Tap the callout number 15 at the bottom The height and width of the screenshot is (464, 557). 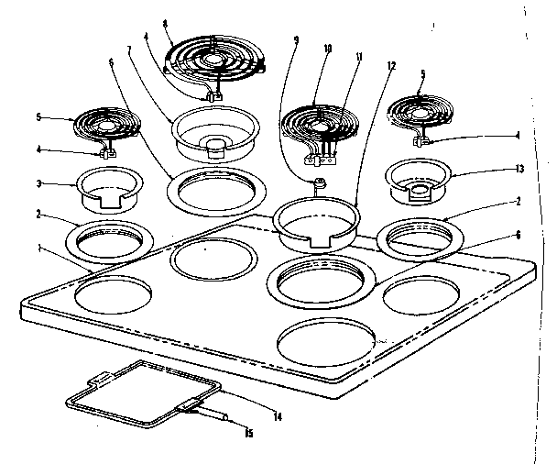pyautogui.click(x=247, y=434)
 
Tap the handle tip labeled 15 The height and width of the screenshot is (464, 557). pyautogui.click(x=220, y=417)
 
